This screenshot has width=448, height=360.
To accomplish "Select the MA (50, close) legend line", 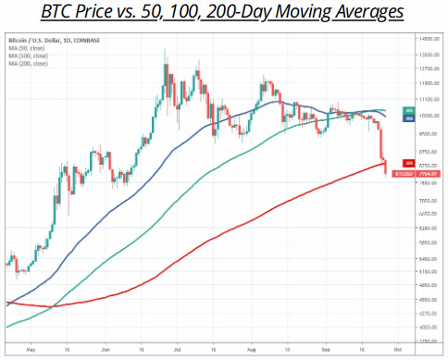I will pyautogui.click(x=27, y=48).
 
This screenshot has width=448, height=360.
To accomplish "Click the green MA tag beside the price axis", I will pyautogui.click(x=409, y=110).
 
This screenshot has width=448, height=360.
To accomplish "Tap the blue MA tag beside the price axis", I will pyautogui.click(x=409, y=119).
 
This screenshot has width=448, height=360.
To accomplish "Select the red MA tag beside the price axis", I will pyautogui.click(x=409, y=163).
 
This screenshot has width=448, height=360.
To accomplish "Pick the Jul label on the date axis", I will pyautogui.click(x=177, y=349).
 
